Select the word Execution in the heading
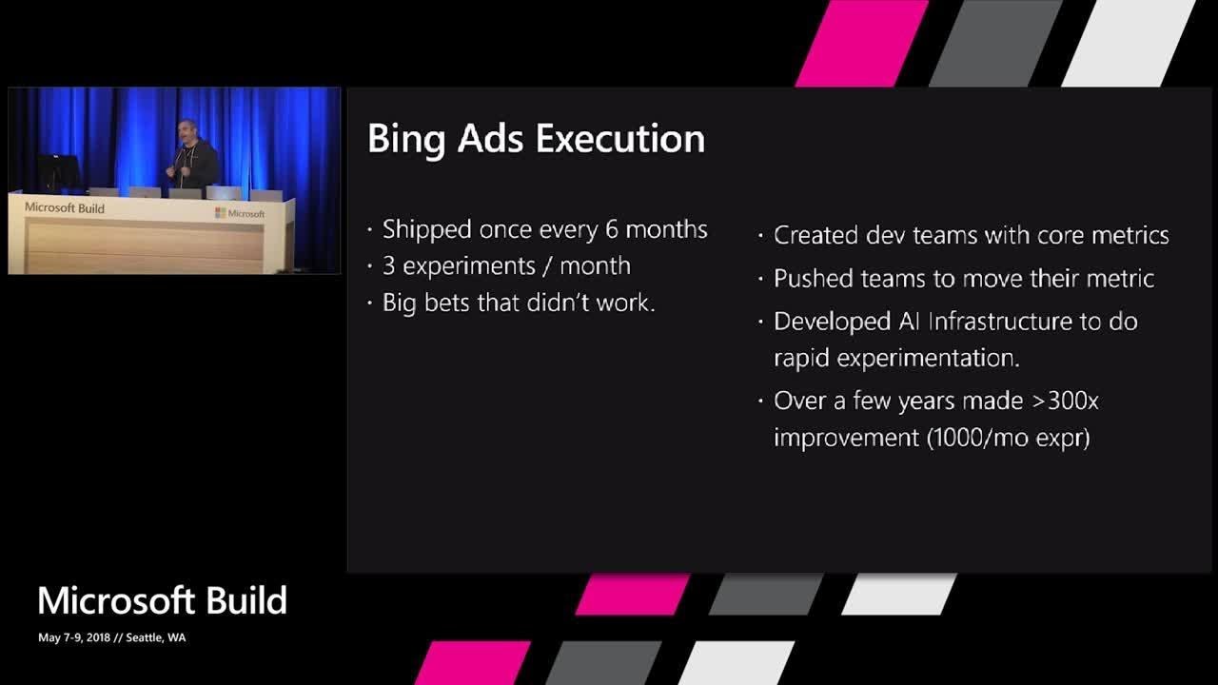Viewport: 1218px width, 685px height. point(619,139)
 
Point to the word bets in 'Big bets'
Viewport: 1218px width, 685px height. point(451,303)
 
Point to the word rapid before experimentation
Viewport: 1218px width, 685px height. point(801,358)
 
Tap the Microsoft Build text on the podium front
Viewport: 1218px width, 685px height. point(65,208)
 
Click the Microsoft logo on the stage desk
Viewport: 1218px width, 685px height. point(240,213)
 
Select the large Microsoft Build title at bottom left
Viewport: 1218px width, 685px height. point(162,601)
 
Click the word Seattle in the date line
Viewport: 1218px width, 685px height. point(142,637)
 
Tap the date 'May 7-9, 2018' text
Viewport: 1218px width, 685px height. point(73,637)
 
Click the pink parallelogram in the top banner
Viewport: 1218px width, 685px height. point(861,43)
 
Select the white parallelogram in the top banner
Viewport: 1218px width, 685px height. point(1127,43)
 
